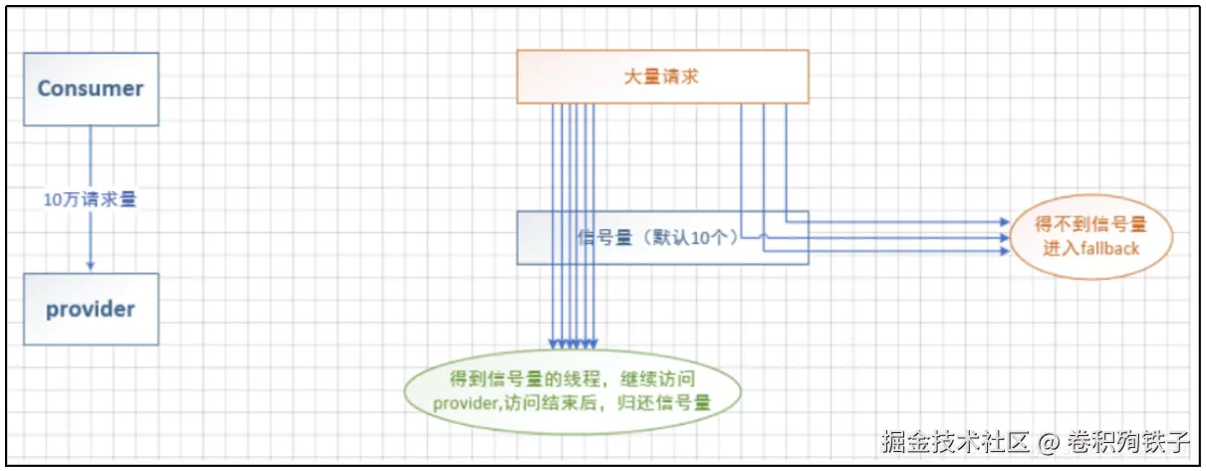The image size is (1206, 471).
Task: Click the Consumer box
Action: coord(91,89)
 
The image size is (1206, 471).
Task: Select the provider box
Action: coord(91,309)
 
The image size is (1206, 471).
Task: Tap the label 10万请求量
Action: coord(90,199)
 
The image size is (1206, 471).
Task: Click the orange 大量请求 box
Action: coord(662,75)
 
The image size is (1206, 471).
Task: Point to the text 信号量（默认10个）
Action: coord(657,238)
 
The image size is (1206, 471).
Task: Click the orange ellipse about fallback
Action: coord(1090,237)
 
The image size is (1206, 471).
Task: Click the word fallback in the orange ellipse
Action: coord(1106,248)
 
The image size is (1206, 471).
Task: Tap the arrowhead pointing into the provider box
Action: coord(91,266)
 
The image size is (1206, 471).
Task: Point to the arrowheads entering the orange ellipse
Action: coord(1003,236)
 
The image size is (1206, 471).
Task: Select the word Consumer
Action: coord(91,89)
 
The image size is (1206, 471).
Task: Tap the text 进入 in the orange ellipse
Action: coord(1058,248)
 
